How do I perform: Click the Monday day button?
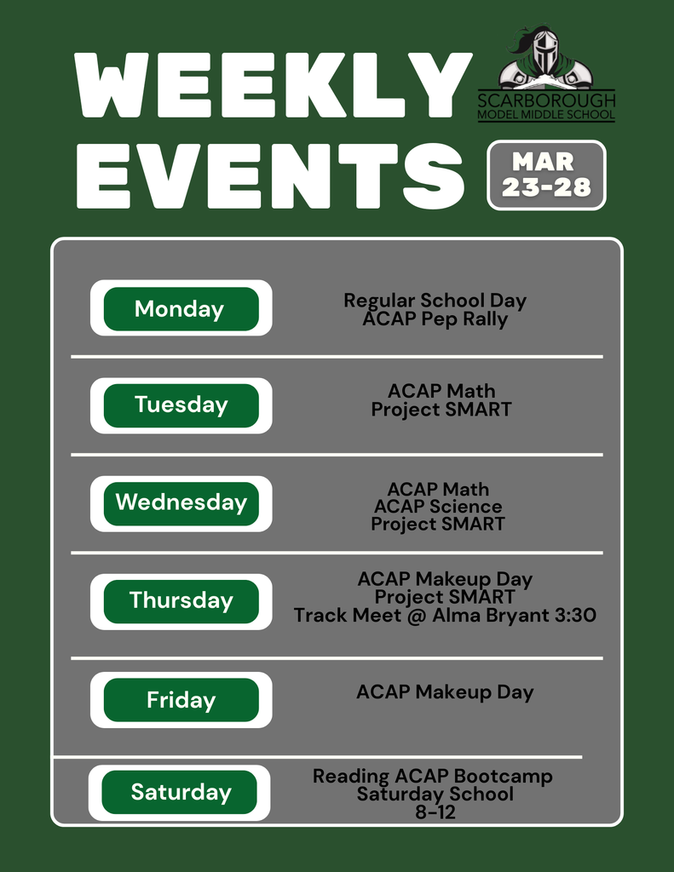[181, 308]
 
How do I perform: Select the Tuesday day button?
[181, 404]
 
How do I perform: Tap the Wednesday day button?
[181, 502]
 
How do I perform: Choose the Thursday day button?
[181, 600]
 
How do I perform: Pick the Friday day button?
[181, 700]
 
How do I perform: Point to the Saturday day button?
[180, 792]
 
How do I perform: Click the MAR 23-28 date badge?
[546, 175]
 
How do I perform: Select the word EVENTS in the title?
[270, 175]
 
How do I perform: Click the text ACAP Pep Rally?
[435, 320]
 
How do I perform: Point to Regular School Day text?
[435, 301]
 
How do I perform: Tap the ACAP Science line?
[438, 507]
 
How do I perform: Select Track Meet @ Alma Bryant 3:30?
[445, 615]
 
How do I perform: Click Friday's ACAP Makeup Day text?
[445, 692]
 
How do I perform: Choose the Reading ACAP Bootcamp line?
[433, 777]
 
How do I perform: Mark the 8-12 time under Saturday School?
[435, 812]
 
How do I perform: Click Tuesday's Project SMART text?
[441, 410]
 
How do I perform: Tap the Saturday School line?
[435, 795]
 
